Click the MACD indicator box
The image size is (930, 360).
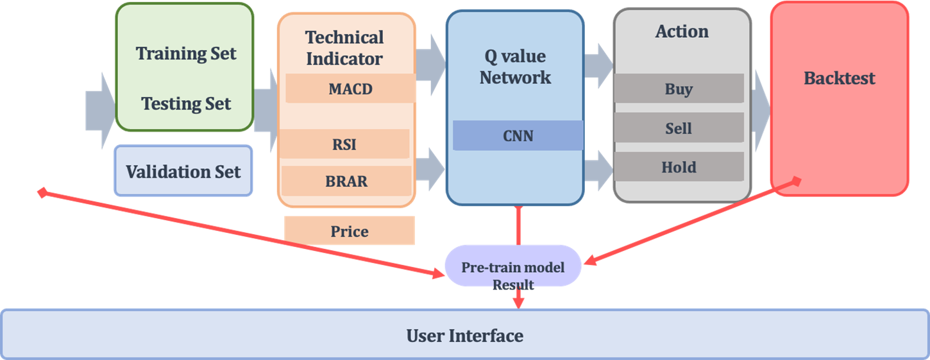pyautogui.click(x=350, y=89)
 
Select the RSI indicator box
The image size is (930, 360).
pyautogui.click(x=345, y=144)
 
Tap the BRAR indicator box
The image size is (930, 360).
pyautogui.click(x=346, y=182)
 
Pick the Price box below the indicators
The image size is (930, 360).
pyautogui.click(x=350, y=231)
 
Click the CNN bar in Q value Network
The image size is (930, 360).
pyautogui.click(x=518, y=135)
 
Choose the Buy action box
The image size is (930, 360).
pyautogui.click(x=679, y=89)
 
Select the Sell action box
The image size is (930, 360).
pyautogui.click(x=679, y=128)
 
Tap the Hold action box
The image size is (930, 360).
pyautogui.click(x=679, y=167)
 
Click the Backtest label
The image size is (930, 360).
pyautogui.click(x=839, y=78)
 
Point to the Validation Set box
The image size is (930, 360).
pyautogui.click(x=183, y=171)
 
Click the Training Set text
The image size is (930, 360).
pyautogui.click(x=186, y=53)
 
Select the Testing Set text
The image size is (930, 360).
pyautogui.click(x=186, y=103)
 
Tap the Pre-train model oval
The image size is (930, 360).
pyautogui.click(x=513, y=266)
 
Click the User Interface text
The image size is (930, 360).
pyautogui.click(x=465, y=335)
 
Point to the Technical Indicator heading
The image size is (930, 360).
pyautogui.click(x=344, y=48)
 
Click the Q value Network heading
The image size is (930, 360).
pyautogui.click(x=515, y=67)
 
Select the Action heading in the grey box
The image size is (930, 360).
pyautogui.click(x=682, y=31)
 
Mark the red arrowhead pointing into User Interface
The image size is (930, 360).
pyautogui.click(x=518, y=302)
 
